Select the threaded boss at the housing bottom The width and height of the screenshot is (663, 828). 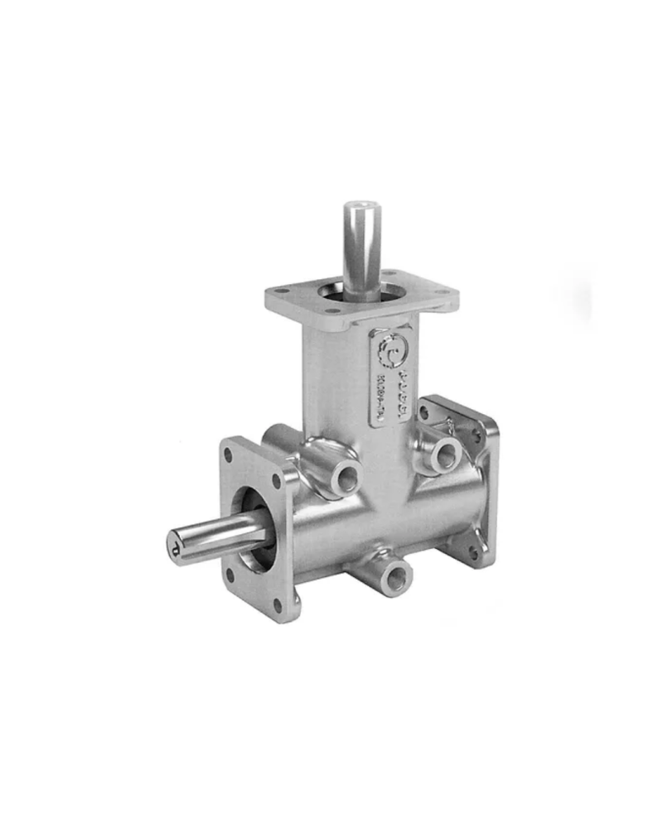[x=396, y=572]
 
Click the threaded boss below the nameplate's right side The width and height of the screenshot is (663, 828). [x=447, y=452]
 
